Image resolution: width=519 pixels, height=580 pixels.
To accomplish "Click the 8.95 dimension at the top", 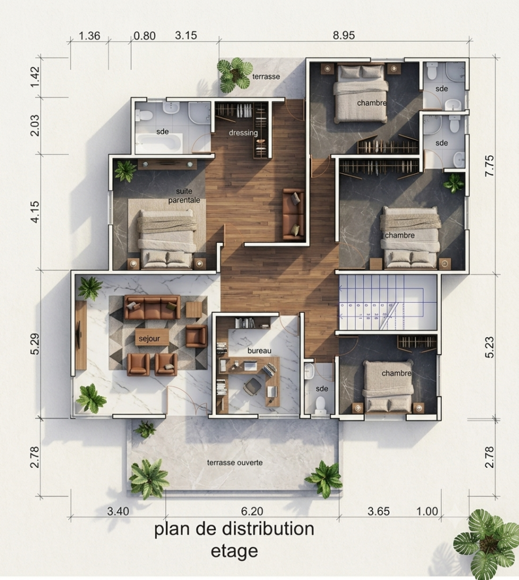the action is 344,35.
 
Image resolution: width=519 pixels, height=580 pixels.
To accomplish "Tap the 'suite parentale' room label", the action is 184,195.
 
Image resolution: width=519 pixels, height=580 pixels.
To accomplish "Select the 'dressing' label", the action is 243,133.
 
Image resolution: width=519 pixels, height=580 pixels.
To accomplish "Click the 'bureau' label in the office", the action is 259,351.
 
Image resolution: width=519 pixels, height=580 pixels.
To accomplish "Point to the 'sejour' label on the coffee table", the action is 150,339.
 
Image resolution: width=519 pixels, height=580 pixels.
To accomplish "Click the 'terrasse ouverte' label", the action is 235,462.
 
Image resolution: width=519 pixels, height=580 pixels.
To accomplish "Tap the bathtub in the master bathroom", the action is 159,143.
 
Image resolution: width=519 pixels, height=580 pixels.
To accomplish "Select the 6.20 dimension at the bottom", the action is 252,511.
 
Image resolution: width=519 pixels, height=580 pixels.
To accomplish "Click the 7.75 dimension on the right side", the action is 489,165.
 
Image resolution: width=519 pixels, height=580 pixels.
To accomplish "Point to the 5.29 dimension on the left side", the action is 35,344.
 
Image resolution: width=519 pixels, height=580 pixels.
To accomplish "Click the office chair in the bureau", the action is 253,386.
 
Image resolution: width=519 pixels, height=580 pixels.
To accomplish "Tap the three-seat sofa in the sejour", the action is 152,307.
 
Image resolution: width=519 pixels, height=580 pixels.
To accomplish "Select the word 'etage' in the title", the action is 234,551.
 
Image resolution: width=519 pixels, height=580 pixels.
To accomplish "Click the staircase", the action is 388,302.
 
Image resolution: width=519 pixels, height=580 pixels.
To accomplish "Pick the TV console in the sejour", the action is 80,335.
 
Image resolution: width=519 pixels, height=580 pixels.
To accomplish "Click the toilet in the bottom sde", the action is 319,406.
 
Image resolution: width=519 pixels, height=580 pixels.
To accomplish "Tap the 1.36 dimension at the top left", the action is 90,36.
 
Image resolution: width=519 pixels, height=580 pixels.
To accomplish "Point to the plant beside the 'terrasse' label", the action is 235,75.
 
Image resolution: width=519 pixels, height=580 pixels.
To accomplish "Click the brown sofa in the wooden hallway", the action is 293,214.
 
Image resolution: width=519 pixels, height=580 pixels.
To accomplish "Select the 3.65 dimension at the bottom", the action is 378,511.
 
